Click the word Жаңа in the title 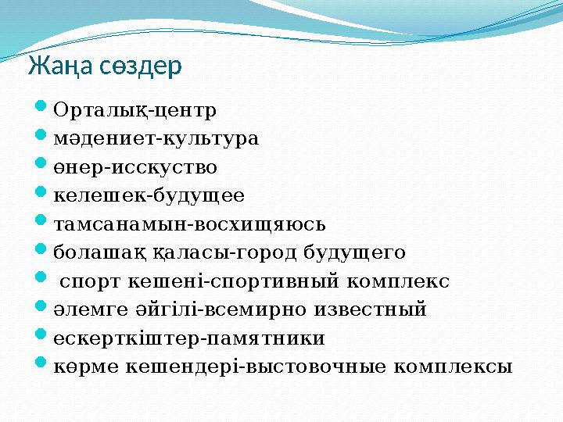61,66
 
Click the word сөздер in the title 141,66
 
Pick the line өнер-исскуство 135,168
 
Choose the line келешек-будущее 149,196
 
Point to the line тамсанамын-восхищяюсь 189,224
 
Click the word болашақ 92,252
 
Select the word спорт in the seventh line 87,281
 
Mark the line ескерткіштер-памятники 188,338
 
